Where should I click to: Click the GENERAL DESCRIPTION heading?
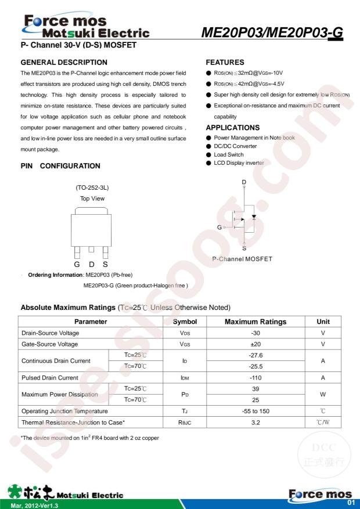pos(64,62)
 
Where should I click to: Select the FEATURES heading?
pos(225,62)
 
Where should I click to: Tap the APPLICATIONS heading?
pos(233,128)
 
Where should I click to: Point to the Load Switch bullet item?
pos(229,154)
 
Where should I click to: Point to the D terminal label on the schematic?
pos(244,183)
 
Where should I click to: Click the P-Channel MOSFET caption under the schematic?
pos(242,258)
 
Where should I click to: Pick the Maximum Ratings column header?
pos(255,322)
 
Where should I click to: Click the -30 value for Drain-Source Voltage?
pos(255,333)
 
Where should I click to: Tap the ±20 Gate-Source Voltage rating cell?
pos(255,344)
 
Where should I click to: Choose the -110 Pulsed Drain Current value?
pos(255,377)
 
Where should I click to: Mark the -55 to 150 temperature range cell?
pos(255,411)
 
